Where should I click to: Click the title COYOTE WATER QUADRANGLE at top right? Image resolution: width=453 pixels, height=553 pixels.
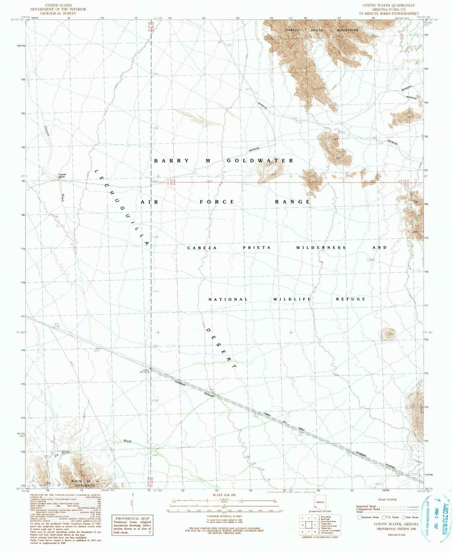388,5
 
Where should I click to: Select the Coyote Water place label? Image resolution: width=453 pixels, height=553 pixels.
62,176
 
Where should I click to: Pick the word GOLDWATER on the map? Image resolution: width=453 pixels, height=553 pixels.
260,161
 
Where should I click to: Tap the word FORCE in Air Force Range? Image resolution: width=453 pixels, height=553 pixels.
217,202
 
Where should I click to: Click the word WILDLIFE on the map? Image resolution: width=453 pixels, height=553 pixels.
292,299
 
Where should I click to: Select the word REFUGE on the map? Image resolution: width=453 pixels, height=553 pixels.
350,299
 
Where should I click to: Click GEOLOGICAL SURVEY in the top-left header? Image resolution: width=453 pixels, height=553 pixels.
58,13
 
